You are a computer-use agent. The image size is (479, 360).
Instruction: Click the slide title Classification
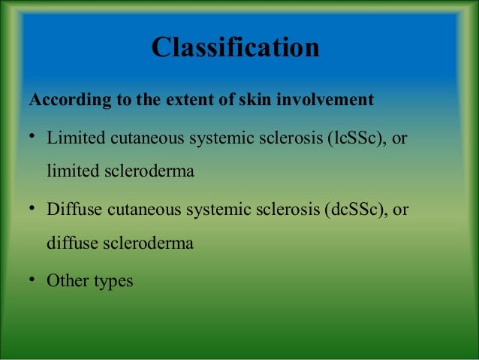[235, 47]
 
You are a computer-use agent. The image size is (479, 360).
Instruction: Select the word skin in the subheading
[258, 100]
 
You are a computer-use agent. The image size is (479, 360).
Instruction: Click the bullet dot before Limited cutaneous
[34, 138]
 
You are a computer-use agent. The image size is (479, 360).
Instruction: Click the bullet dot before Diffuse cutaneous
[34, 208]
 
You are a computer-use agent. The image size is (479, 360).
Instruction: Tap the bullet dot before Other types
[34, 280]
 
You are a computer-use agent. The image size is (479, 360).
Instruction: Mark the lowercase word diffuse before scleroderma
[70, 243]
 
